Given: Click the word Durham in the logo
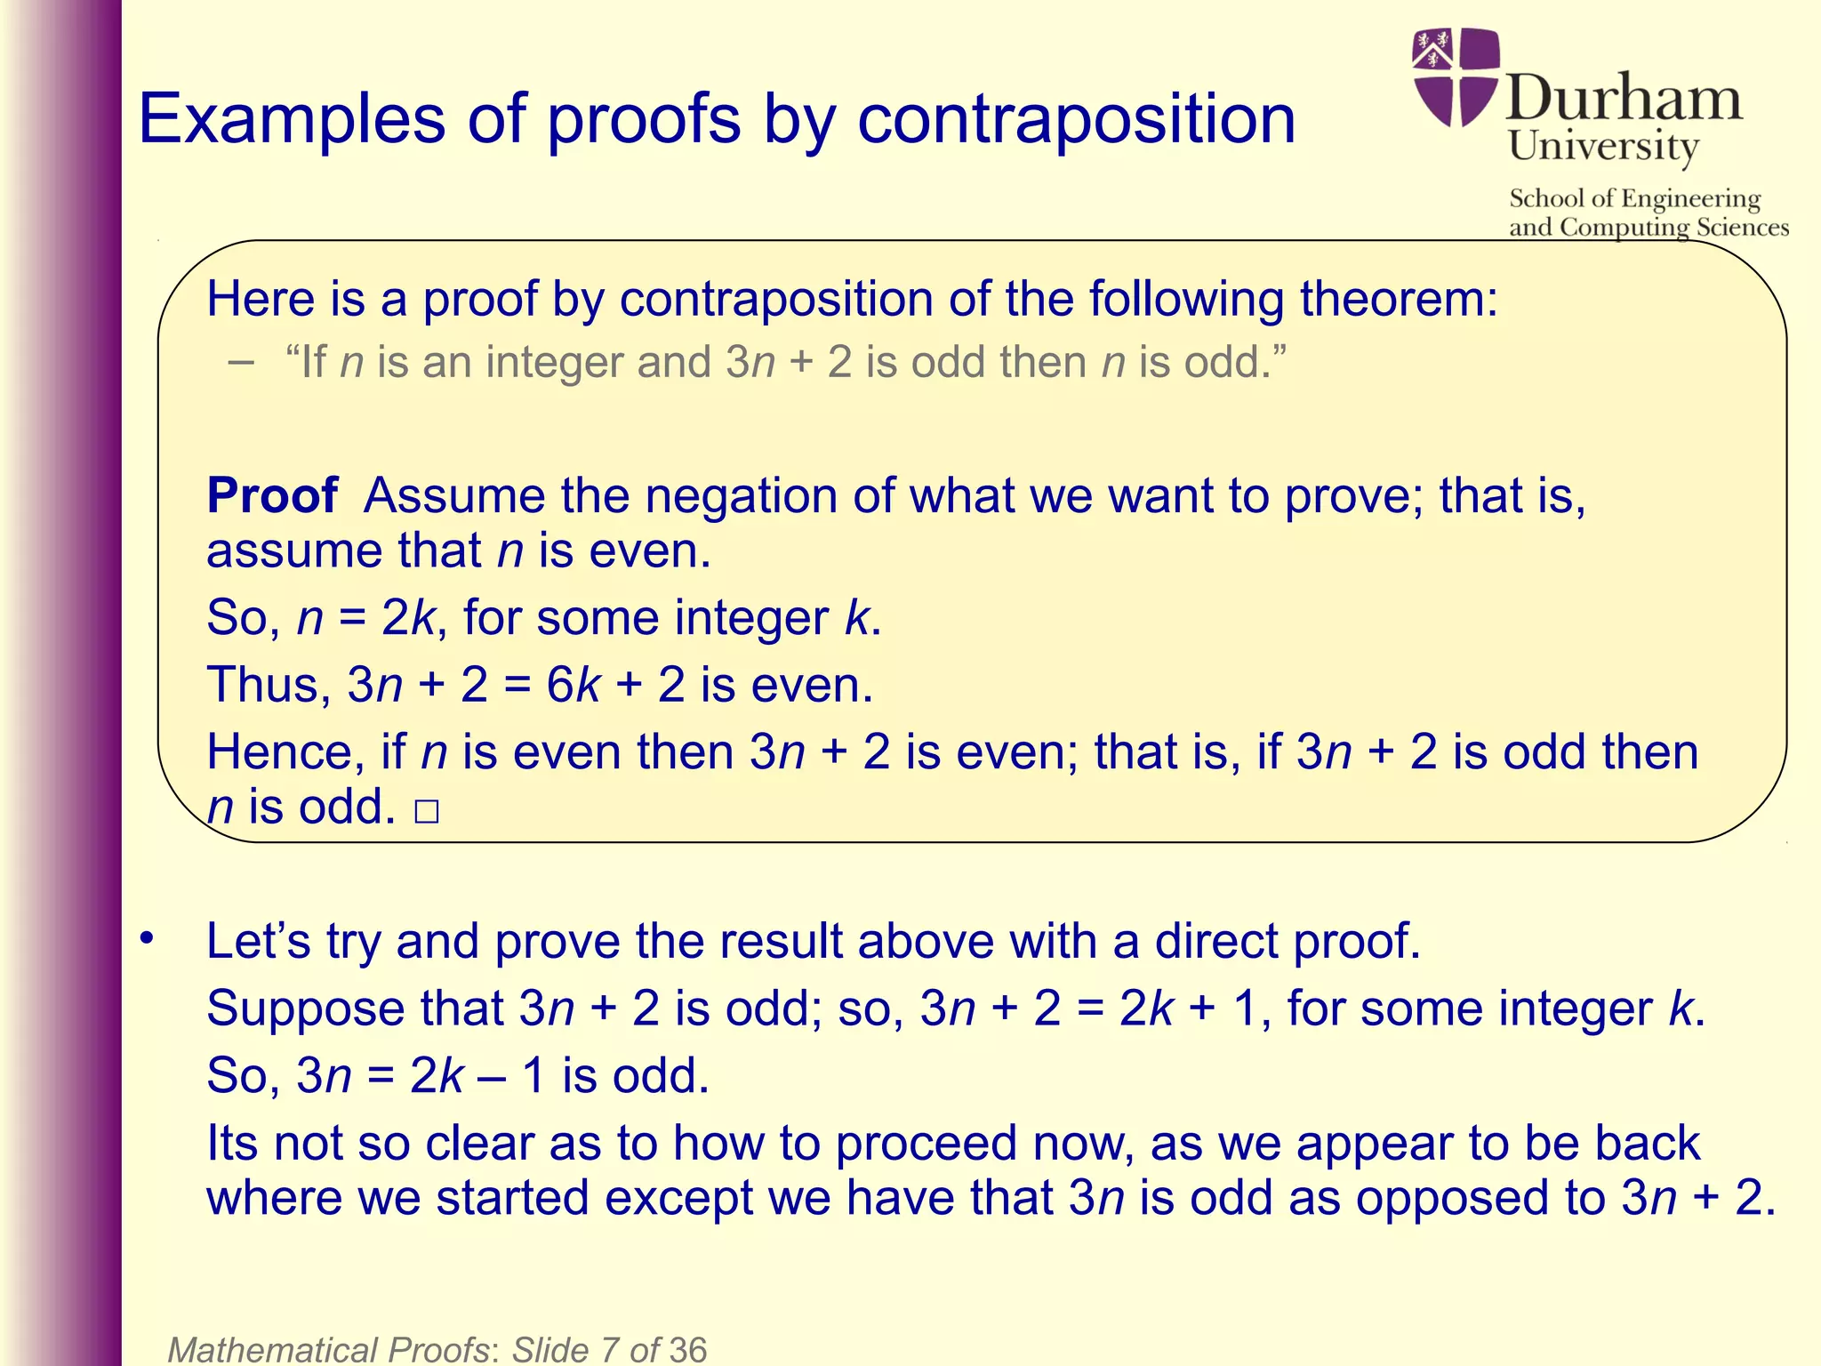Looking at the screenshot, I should coord(1624,99).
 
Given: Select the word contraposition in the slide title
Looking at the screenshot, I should coord(1076,119).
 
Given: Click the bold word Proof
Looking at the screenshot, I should coord(272,495).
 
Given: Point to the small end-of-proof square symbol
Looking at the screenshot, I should coord(427,812).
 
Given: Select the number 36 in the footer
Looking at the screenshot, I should coord(687,1349).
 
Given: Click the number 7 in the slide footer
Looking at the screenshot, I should coord(610,1349).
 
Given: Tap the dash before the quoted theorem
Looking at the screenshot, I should coord(240,363).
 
